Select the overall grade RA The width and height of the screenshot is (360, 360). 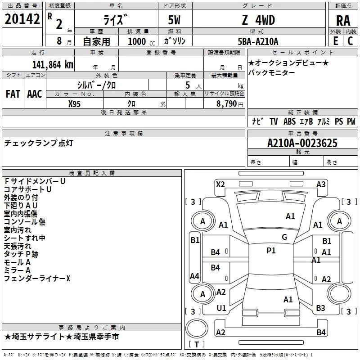[x=343, y=21]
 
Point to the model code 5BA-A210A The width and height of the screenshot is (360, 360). [x=258, y=41]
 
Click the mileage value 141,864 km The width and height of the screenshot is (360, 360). [x=52, y=64]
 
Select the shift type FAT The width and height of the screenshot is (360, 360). [x=13, y=94]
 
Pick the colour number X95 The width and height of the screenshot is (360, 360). [x=75, y=103]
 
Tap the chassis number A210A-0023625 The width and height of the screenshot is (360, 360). [x=302, y=144]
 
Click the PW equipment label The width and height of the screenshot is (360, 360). [x=351, y=121]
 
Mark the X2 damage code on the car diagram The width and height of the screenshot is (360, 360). [x=220, y=184]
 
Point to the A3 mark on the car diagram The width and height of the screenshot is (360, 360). [x=321, y=184]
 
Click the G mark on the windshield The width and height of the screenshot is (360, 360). [x=284, y=237]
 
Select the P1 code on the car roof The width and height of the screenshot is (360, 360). [x=271, y=251]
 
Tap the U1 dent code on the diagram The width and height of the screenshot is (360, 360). [x=221, y=308]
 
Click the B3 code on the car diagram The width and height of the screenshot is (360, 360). [x=320, y=308]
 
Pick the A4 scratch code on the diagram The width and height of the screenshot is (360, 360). [x=194, y=276]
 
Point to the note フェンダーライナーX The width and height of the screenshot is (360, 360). [x=37, y=279]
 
